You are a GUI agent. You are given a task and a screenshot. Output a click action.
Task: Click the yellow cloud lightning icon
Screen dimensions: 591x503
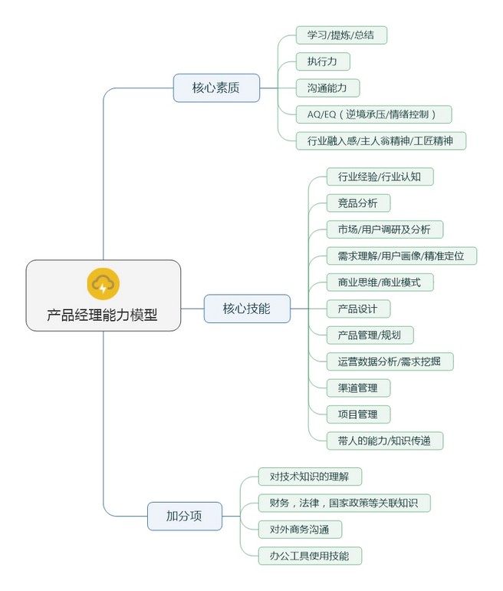point(103,282)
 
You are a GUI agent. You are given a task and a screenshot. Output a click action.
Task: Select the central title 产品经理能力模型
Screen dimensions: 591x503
point(103,315)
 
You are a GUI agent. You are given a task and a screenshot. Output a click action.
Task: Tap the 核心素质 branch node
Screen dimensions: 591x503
point(215,87)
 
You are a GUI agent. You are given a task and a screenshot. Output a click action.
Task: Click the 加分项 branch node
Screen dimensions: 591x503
point(184,516)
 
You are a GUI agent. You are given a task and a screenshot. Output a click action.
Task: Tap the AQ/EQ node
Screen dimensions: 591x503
point(373,114)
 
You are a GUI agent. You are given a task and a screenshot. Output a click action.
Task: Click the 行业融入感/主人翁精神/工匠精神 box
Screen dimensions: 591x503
point(380,140)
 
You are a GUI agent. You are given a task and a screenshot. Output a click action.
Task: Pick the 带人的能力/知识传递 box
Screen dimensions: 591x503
point(385,441)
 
